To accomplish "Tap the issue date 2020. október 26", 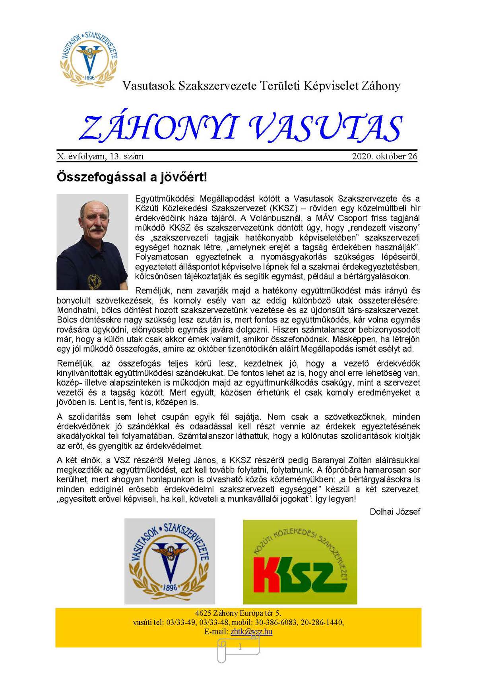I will point(384,156).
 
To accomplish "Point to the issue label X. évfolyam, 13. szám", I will point(100,156).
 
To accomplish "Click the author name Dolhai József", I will point(395,511).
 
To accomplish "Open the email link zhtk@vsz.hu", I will point(251,632).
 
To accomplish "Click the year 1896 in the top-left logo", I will point(90,78).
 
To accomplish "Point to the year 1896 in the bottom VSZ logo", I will point(170,587).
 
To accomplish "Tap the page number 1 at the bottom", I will point(240,647).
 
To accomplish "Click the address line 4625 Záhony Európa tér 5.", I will point(238,613).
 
